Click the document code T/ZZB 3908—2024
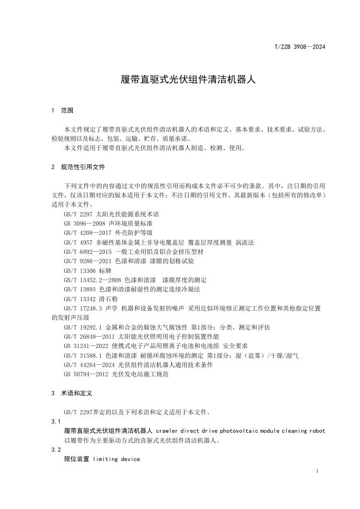coord(300,47)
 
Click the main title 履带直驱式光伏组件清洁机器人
coord(180,79)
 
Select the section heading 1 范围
coord(61,110)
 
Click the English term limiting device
coord(116,459)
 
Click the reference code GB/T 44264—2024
coord(88,365)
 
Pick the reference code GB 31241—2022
coord(84,346)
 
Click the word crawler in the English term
coord(167,431)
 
